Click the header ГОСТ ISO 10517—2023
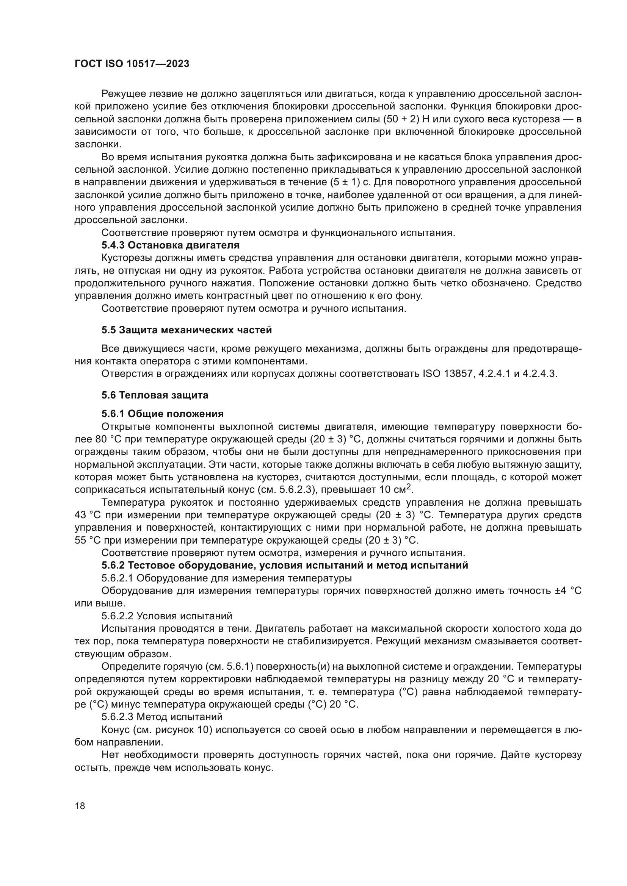point(132,64)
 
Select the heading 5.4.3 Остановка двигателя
point(170,245)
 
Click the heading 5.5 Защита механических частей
point(187,330)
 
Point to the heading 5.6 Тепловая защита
point(155,395)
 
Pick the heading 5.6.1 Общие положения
point(163,414)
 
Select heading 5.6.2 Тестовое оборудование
point(285,565)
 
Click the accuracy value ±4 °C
point(567,591)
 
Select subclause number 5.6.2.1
point(118,578)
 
